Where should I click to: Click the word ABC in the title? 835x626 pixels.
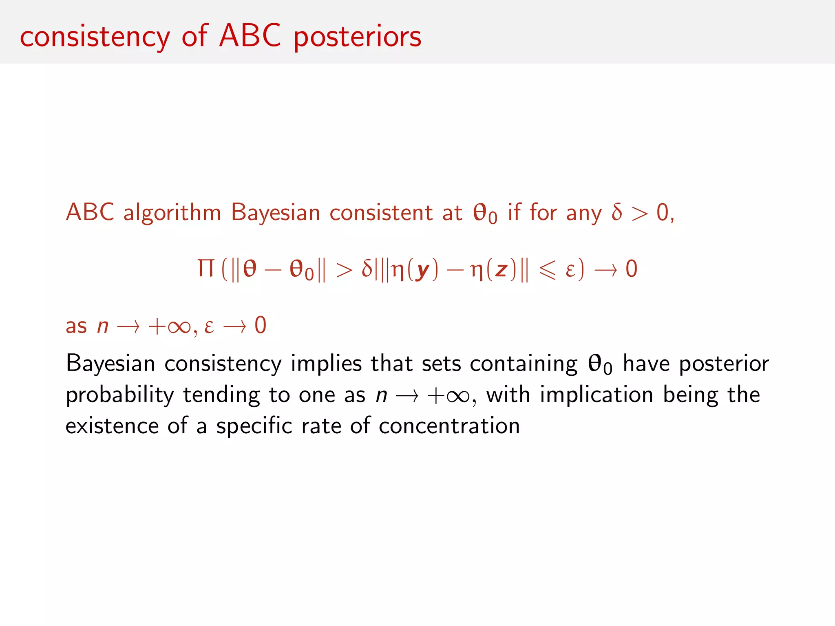250,36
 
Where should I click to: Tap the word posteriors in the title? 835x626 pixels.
357,37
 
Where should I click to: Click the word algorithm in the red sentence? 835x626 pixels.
172,213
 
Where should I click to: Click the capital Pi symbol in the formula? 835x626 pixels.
206,269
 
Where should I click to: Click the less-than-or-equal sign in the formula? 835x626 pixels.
547,270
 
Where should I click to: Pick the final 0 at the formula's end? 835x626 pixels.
631,269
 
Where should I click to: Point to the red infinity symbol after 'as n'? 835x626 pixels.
179,326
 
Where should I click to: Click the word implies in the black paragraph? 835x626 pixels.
326,364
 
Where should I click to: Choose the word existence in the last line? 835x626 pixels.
112,426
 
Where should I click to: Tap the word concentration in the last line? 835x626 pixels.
449,426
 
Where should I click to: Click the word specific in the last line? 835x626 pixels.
254,427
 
